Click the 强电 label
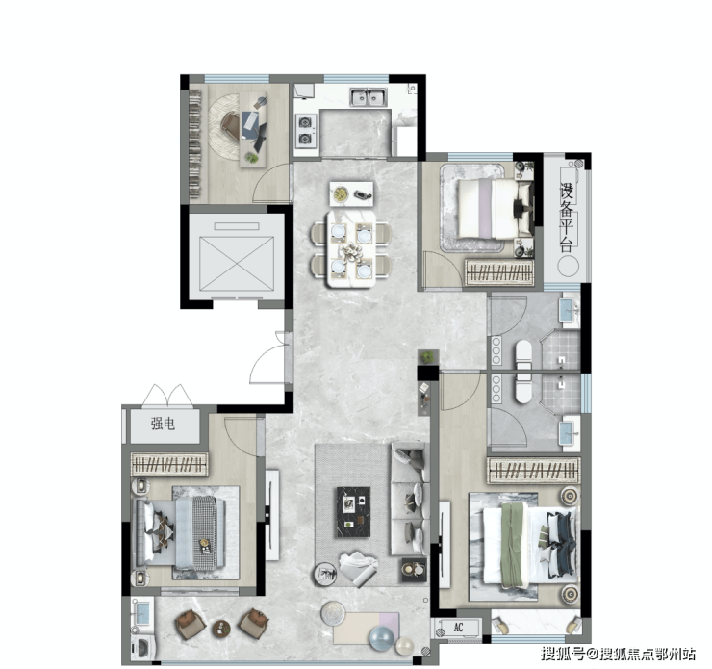(x=163, y=424)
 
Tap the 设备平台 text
(x=567, y=218)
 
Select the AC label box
(x=459, y=628)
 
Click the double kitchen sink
(x=369, y=96)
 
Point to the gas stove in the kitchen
(x=306, y=131)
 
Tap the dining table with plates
(x=351, y=248)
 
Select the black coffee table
(x=353, y=512)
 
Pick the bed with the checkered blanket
(x=180, y=532)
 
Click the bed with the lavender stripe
(x=494, y=209)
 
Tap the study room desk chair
(x=230, y=125)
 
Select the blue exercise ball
(x=383, y=638)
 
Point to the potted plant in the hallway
(x=428, y=356)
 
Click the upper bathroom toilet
(x=523, y=354)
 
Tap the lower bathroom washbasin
(x=569, y=433)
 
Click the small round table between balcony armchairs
(x=221, y=629)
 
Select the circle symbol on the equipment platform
(x=568, y=266)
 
